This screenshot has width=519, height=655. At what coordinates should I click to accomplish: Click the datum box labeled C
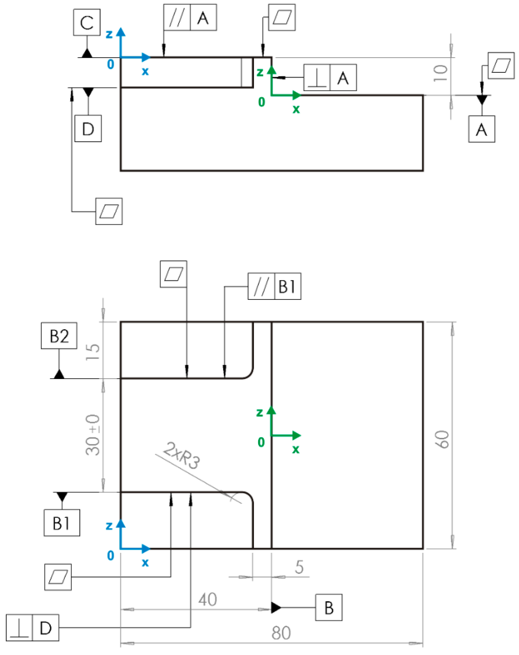tap(87, 22)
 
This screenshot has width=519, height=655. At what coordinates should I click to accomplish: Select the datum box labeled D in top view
tap(88, 128)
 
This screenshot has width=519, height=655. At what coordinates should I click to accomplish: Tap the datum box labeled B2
tap(59, 336)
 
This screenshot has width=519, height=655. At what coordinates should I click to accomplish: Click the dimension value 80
tap(281, 633)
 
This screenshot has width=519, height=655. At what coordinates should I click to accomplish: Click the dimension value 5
tap(299, 567)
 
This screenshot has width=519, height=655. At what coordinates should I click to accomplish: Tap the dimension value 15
tap(93, 352)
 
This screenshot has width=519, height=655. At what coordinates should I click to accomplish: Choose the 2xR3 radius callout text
tap(182, 455)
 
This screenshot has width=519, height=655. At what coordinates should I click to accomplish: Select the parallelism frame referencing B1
tap(274, 286)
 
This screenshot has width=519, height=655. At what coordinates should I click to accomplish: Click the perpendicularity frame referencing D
tap(32, 628)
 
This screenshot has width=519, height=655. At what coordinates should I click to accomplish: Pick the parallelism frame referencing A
tap(190, 17)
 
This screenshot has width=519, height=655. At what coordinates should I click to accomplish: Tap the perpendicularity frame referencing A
tap(330, 77)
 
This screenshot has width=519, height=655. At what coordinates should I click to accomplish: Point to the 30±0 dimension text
tap(93, 435)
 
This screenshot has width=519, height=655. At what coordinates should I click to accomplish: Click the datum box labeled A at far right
tap(481, 129)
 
